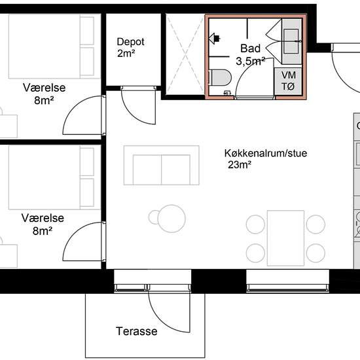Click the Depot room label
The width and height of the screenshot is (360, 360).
click(x=130, y=42)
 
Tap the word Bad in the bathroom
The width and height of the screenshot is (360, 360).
click(x=250, y=48)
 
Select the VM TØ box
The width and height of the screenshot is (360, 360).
click(x=288, y=81)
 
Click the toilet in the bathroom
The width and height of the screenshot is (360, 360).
click(x=220, y=77)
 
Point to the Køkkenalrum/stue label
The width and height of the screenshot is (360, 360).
click(x=266, y=153)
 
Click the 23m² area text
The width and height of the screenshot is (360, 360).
click(x=240, y=164)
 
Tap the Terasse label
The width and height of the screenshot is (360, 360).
click(x=137, y=331)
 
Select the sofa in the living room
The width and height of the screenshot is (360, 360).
click(x=162, y=165)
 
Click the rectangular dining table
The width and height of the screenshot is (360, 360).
click(x=285, y=238)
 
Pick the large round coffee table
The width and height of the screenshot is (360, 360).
click(x=171, y=219)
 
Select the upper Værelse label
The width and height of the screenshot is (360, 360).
click(x=44, y=88)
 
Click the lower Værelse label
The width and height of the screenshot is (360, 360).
click(x=43, y=218)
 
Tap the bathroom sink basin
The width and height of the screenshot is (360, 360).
click(x=291, y=41)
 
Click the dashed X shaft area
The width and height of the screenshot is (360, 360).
click(x=185, y=54)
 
